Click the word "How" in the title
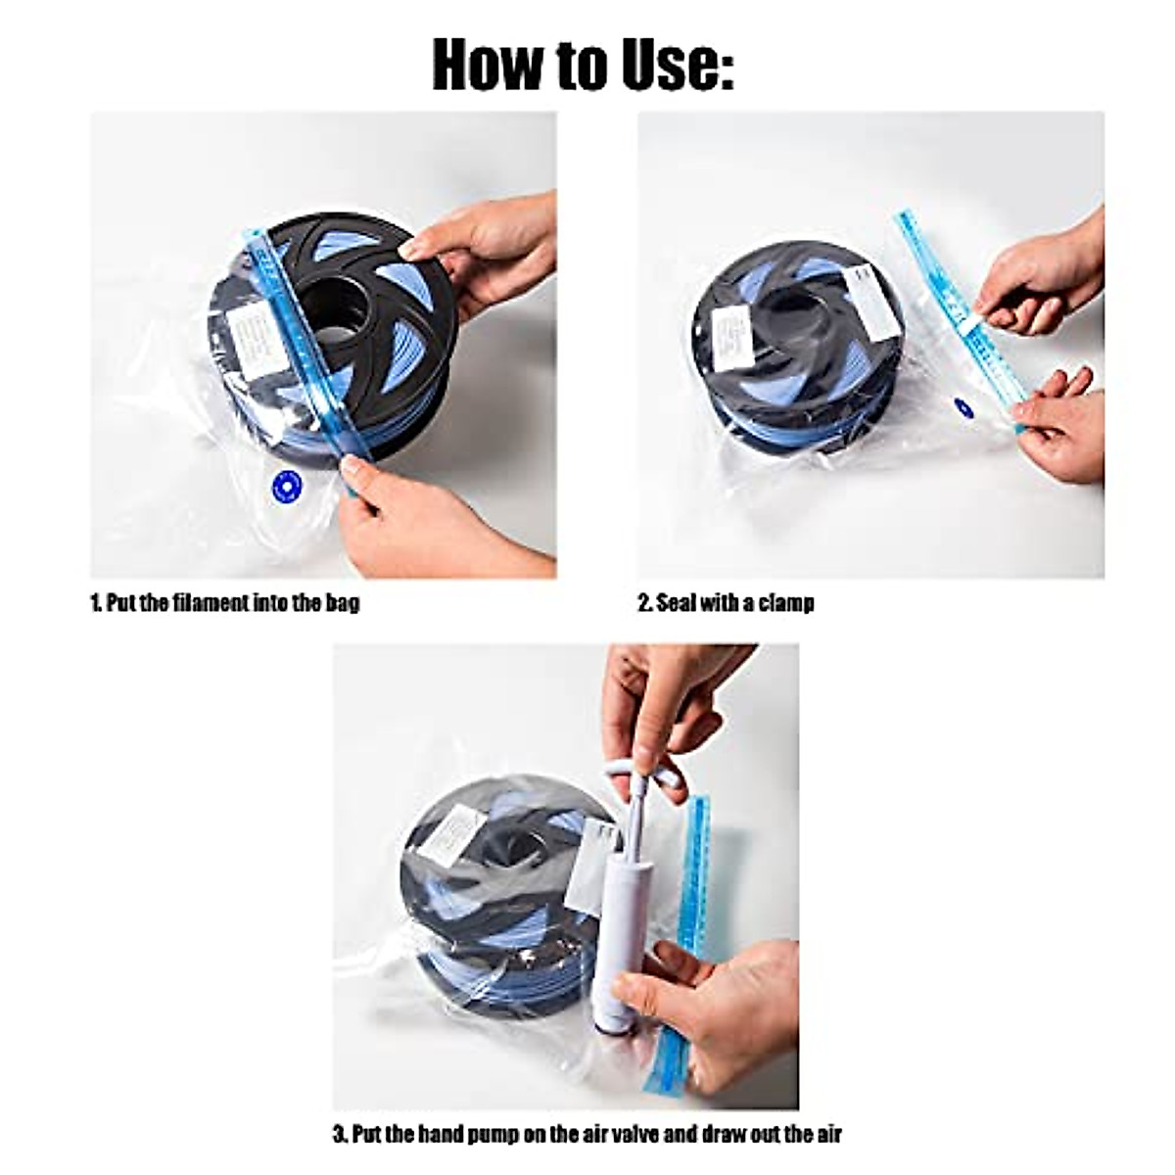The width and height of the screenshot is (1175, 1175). click(487, 65)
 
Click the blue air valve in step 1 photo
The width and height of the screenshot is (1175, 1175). click(286, 482)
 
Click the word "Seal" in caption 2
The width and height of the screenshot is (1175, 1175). click(676, 602)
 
